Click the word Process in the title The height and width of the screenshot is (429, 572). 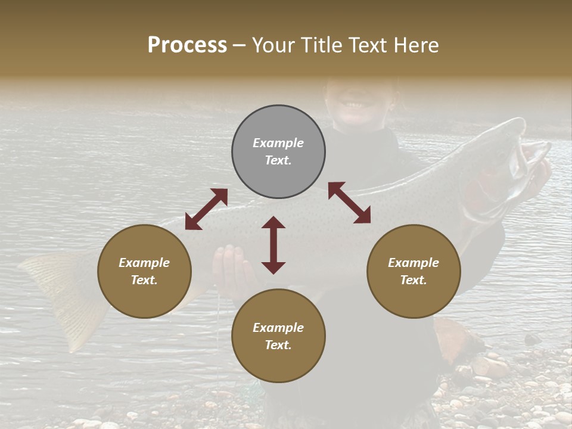(187, 45)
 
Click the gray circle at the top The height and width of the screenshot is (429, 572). (278, 125)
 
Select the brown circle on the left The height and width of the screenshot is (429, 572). (144, 298)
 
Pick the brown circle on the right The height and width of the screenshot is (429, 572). (414, 298)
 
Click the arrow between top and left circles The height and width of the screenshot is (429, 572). (206, 209)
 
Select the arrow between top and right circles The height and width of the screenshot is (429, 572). (350, 203)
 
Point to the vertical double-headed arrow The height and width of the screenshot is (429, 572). (273, 245)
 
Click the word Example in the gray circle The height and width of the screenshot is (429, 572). (278, 143)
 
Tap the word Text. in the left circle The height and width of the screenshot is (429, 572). (144, 280)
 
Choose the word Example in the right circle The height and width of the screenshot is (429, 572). (414, 263)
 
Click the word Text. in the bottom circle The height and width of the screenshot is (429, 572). (278, 345)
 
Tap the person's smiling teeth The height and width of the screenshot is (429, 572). (355, 105)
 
